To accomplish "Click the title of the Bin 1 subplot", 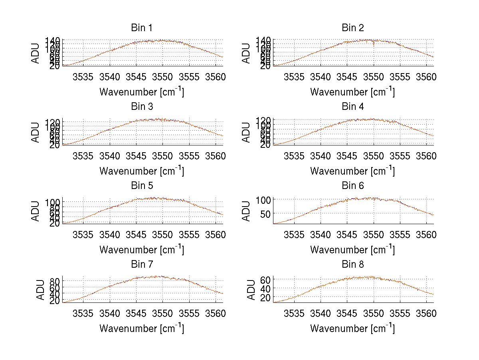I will (x=141, y=28).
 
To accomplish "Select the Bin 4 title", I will (x=353, y=107).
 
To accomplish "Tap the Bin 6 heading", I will (x=353, y=185).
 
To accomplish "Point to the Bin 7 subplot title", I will (x=141, y=265).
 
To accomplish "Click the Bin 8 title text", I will (x=353, y=265).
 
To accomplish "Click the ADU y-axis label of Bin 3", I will (x=36, y=132).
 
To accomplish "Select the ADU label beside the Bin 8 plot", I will (x=251, y=290).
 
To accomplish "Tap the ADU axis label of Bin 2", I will (x=247, y=53).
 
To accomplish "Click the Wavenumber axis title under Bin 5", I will (x=141, y=249).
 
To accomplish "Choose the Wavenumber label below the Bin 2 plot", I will (x=352, y=91).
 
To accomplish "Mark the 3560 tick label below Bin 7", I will (x=216, y=313).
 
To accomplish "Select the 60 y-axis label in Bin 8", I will (x=265, y=279).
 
